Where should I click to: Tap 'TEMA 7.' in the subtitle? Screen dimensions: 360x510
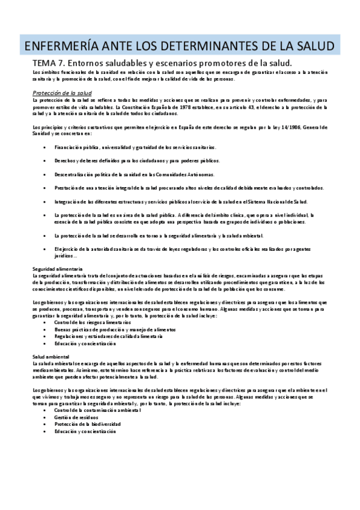pos(49,63)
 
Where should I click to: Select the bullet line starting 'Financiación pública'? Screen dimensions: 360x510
pos(118,147)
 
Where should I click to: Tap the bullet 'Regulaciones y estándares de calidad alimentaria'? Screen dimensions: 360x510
pos(105,337)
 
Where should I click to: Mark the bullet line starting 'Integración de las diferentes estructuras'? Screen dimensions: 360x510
pos(180,201)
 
